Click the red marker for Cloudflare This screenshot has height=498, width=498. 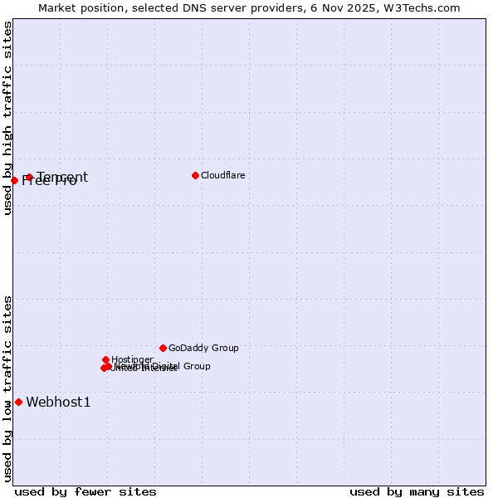point(195,175)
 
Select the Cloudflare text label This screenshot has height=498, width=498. point(222,175)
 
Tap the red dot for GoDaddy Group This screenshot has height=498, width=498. point(163,348)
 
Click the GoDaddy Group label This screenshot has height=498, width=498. point(203,348)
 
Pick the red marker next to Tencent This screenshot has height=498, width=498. point(29,177)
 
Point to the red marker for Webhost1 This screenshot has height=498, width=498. point(18,402)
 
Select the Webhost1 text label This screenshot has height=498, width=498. point(58,403)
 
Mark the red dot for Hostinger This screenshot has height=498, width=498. point(105,359)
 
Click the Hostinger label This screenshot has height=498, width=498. point(132,359)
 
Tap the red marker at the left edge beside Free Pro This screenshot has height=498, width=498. point(14,180)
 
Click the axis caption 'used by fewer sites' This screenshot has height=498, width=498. point(85,491)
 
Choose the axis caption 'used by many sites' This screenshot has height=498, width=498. point(417,491)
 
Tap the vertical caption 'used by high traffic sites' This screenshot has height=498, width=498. point(7,118)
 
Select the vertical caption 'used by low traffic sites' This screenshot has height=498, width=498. point(7,387)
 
